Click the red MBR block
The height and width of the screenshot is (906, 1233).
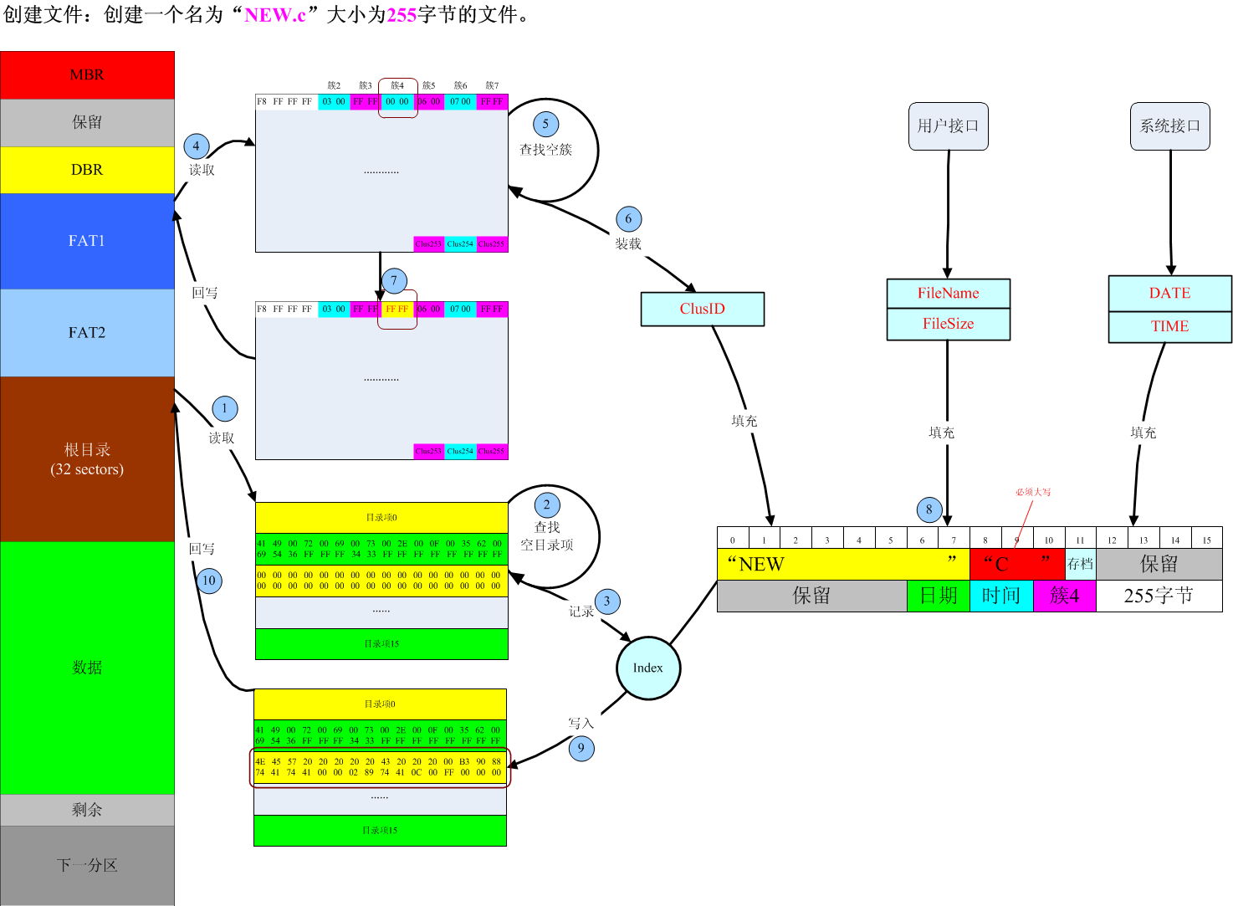[87, 75]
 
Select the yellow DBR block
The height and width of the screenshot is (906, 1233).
[87, 170]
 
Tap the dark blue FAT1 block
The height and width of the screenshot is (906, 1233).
[87, 241]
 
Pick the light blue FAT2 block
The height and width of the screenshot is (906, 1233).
[87, 333]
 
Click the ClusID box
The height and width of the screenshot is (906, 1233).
[703, 309]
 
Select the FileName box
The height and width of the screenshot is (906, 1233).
[948, 294]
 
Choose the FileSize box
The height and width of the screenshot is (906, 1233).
[948, 324]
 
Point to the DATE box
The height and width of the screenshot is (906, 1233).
[1169, 294]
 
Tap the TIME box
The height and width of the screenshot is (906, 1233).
[1169, 326]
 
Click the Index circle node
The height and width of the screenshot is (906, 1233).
[648, 668]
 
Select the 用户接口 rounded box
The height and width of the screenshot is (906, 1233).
[948, 126]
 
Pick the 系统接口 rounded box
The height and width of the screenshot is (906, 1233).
[1169, 126]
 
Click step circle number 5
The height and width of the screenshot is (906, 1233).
[545, 125]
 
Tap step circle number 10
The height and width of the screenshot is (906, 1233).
[209, 581]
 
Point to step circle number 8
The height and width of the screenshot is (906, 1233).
[929, 509]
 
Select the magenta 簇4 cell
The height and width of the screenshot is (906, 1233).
[1064, 596]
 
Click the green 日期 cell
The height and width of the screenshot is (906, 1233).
[939, 596]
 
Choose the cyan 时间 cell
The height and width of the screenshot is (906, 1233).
[1001, 596]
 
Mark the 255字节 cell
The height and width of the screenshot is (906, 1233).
[1159, 596]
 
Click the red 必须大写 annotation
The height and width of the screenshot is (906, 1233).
[1033, 492]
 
